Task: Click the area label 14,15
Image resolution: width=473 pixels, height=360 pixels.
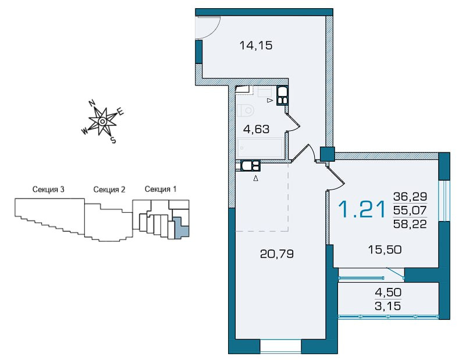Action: click(x=256, y=46)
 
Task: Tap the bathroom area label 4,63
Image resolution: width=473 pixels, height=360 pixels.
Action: click(x=256, y=129)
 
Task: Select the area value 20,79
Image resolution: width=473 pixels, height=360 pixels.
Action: click(x=276, y=254)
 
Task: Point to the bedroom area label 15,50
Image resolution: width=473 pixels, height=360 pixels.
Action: click(x=385, y=249)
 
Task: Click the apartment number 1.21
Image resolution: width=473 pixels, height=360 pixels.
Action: click(x=362, y=209)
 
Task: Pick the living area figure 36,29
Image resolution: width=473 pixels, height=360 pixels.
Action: click(x=410, y=197)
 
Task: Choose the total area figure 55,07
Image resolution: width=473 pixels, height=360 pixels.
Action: click(x=410, y=210)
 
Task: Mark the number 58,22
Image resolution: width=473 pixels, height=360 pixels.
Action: click(x=410, y=224)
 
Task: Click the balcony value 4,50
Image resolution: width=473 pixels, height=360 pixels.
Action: click(x=388, y=292)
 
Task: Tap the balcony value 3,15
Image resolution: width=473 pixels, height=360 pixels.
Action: click(x=388, y=306)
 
